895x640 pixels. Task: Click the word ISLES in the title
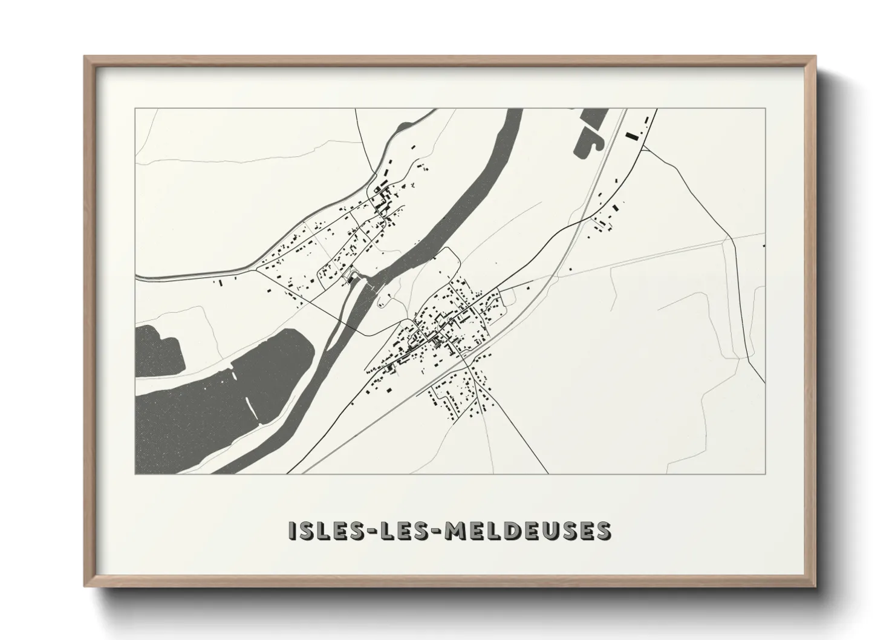tap(324, 531)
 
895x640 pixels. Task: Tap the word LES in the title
tap(402, 531)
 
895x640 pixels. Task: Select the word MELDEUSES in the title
tap(527, 531)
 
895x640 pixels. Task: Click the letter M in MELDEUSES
tap(455, 531)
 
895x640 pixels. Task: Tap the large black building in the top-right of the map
tap(632, 136)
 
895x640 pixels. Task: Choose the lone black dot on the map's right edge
tap(764, 246)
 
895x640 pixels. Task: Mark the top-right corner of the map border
tap(766, 109)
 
